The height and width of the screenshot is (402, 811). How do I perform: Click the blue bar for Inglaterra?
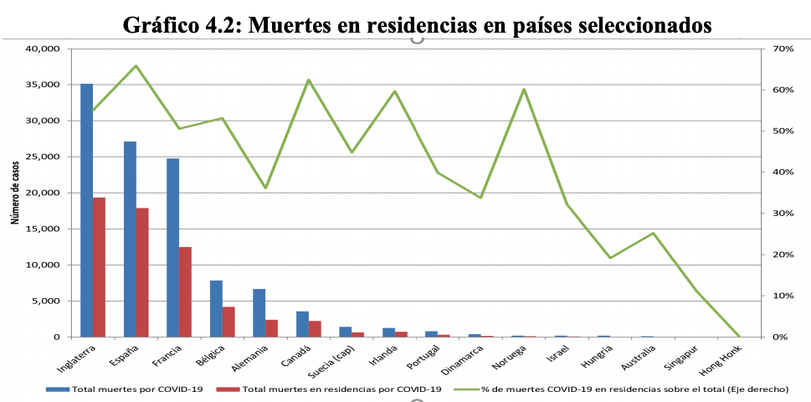coord(86,209)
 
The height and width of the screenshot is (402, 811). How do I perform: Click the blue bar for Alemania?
coord(259,312)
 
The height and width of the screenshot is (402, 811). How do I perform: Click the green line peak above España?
coord(136,65)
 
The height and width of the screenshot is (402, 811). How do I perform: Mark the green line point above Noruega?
coord(524,89)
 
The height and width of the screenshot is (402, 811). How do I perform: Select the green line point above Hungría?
coord(610,257)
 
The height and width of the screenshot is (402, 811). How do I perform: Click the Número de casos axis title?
coord(16,193)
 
